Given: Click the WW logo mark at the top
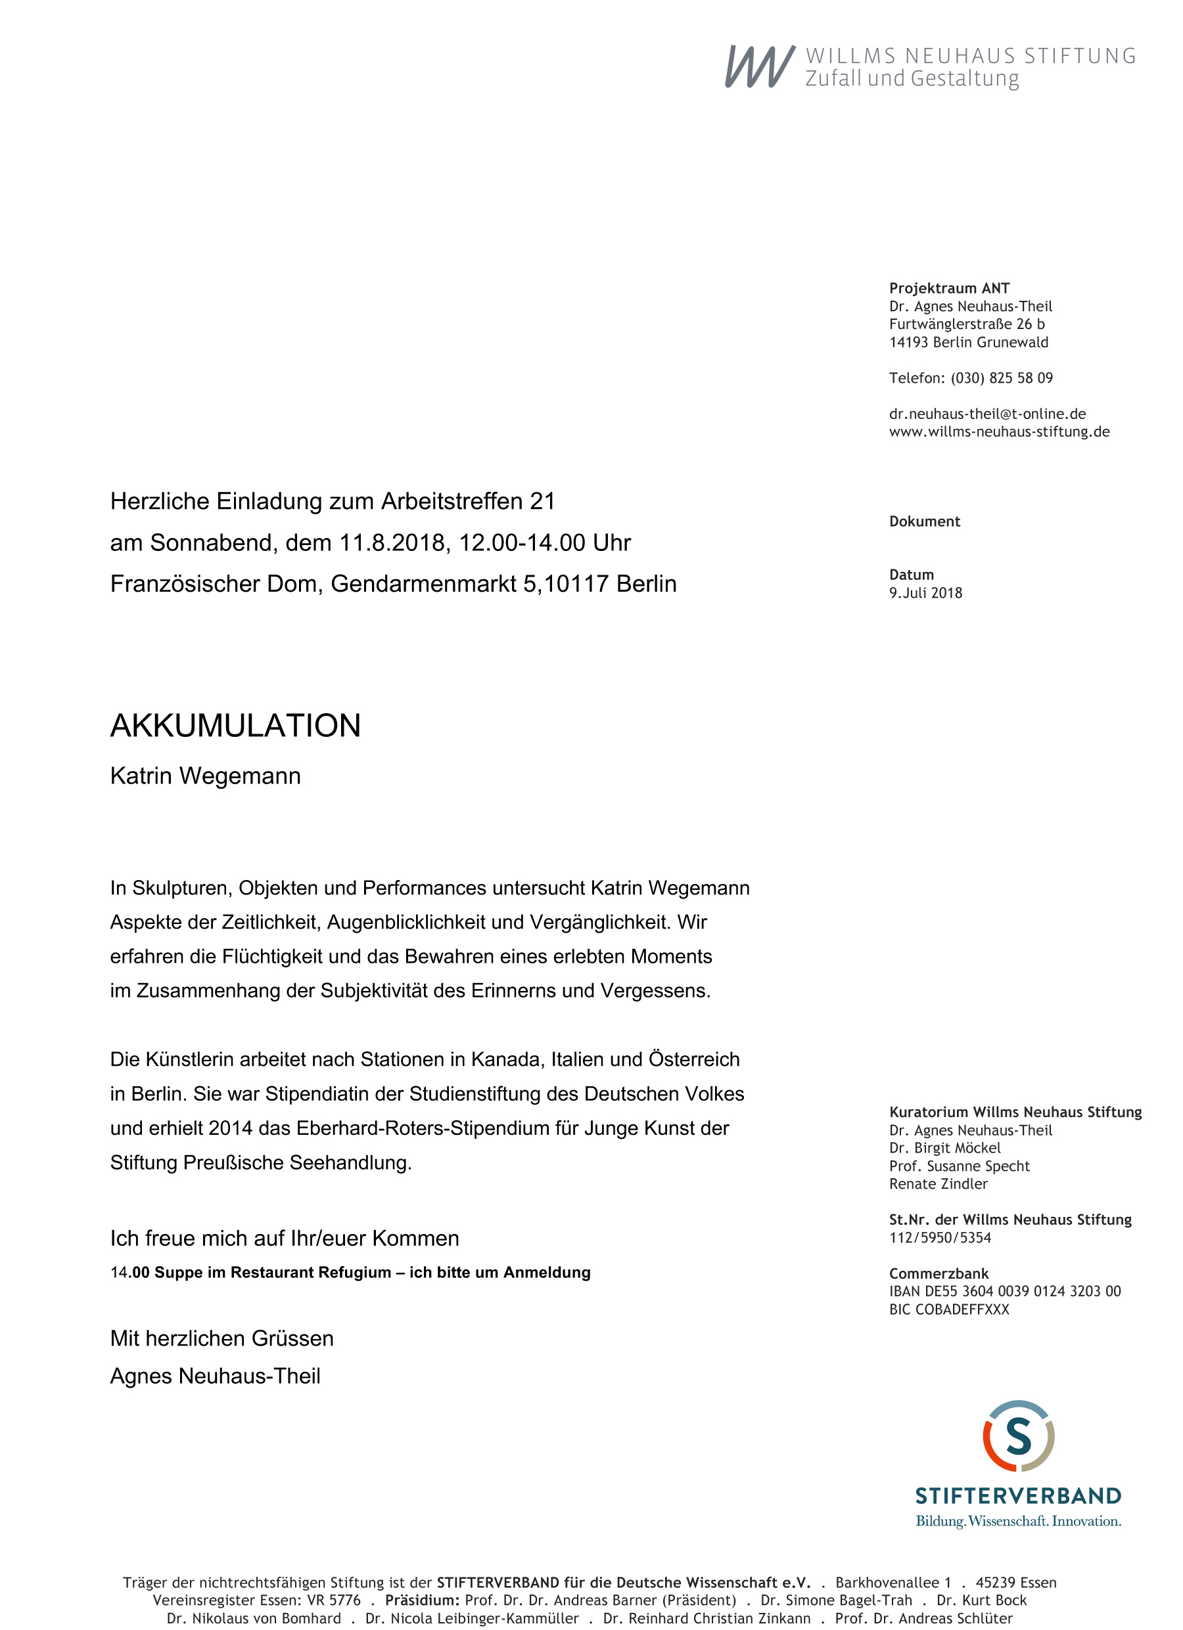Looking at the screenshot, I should pyautogui.click(x=760, y=67).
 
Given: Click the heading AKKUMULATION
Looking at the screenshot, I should pyautogui.click(x=235, y=725).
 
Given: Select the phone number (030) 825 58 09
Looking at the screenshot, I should pyautogui.click(x=1001, y=378).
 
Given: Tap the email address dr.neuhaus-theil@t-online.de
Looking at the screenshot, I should pyautogui.click(x=986, y=414).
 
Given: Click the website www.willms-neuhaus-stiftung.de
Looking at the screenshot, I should pyautogui.click(x=999, y=432).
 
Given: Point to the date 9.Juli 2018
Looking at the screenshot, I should pyautogui.click(x=925, y=593).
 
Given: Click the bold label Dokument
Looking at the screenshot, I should pyautogui.click(x=924, y=522).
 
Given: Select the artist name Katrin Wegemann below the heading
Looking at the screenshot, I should pyautogui.click(x=205, y=776).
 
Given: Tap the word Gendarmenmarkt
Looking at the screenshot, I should pyautogui.click(x=423, y=584).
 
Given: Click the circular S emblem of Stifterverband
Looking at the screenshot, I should pyautogui.click(x=1018, y=1436).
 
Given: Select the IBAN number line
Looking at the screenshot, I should pyautogui.click(x=1005, y=1292).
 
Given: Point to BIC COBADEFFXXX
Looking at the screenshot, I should pyautogui.click(x=948, y=1310).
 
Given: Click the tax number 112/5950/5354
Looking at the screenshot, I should pyautogui.click(x=939, y=1237).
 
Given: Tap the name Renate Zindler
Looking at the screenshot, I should pyautogui.click(x=938, y=1183).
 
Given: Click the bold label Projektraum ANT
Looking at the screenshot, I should pyautogui.click(x=948, y=288).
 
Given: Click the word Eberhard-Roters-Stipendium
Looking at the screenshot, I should pyautogui.click(x=422, y=1128).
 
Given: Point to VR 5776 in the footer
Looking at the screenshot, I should pyautogui.click(x=334, y=1600).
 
